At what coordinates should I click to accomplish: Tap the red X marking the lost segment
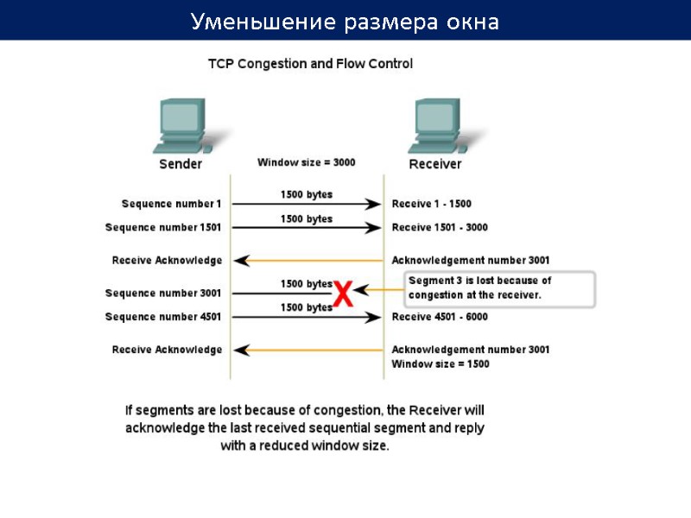pos(343,294)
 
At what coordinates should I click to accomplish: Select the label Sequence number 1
pos(171,204)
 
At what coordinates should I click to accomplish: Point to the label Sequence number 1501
pos(163,228)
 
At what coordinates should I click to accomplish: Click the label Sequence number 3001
pos(163,294)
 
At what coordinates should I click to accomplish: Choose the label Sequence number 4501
pos(163,317)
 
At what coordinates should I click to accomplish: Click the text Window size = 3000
pos(306,162)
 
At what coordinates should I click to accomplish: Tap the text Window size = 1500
pos(441,364)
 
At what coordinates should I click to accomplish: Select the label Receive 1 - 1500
pos(432,204)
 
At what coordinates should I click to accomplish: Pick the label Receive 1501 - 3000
pos(440,228)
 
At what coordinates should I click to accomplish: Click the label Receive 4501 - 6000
pos(440,317)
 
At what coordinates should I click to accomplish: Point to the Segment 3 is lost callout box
pos(500,288)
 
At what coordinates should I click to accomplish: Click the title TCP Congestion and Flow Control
pos(311,64)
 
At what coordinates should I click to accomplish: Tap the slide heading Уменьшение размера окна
pos(345,21)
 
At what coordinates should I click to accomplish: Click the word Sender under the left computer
pos(181,164)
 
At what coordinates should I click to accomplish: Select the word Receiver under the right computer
pos(435,164)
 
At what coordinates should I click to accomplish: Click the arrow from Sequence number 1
pos(307,205)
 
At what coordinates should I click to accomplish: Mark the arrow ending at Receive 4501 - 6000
pos(307,318)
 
